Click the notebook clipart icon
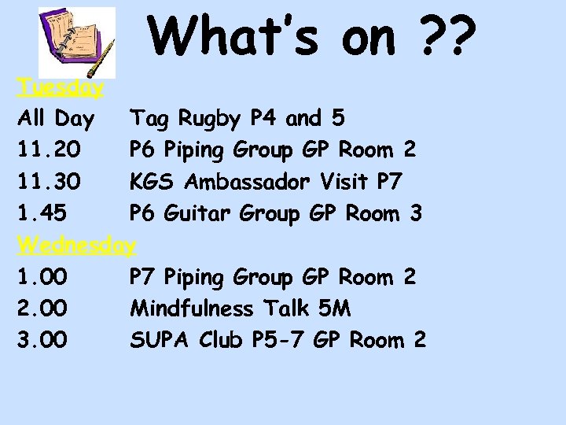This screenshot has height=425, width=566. (77, 41)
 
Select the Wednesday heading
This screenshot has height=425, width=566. (77, 245)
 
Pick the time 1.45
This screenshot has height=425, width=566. (42, 213)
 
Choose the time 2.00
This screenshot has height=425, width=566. (42, 309)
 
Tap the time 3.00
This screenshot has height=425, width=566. (42, 340)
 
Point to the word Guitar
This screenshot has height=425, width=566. (197, 213)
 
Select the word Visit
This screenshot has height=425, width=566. (346, 182)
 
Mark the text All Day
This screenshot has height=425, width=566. (55, 120)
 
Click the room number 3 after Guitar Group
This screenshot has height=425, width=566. (416, 213)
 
